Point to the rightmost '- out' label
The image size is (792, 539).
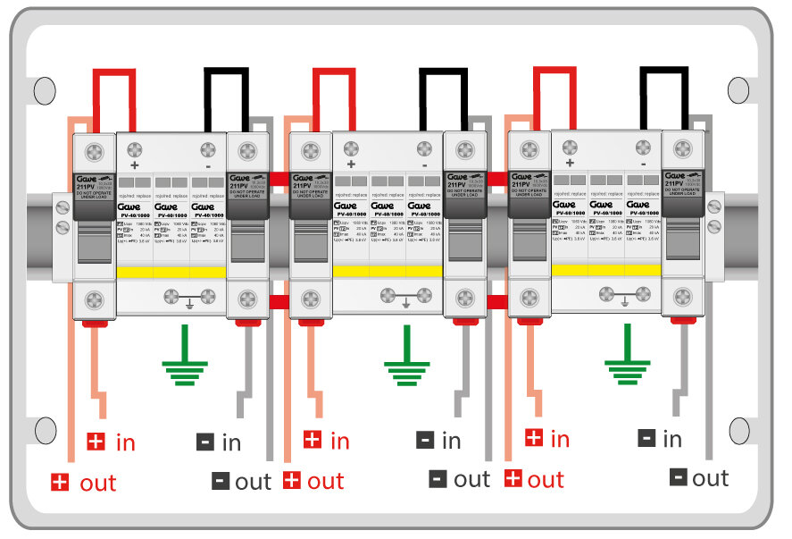pos(702,478)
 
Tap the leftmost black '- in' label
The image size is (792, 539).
pos(219,442)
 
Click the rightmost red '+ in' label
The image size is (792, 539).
pos(546,439)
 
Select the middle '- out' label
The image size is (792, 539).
pos(460,479)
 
